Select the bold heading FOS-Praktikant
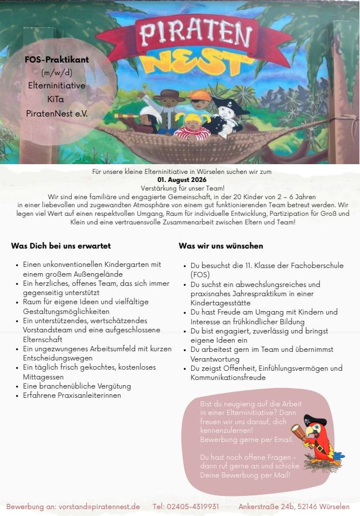[x=57, y=59]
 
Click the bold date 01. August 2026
[x=182, y=180]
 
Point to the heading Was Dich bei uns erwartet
[x=61, y=246]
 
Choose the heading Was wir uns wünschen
[x=221, y=246]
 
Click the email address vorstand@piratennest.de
[x=99, y=506]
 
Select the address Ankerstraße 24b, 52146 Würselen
[x=294, y=506]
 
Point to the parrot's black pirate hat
[x=315, y=420]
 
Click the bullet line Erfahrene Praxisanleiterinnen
[x=72, y=395]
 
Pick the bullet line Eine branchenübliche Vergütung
[x=77, y=386]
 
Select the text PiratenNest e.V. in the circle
[x=57, y=113]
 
